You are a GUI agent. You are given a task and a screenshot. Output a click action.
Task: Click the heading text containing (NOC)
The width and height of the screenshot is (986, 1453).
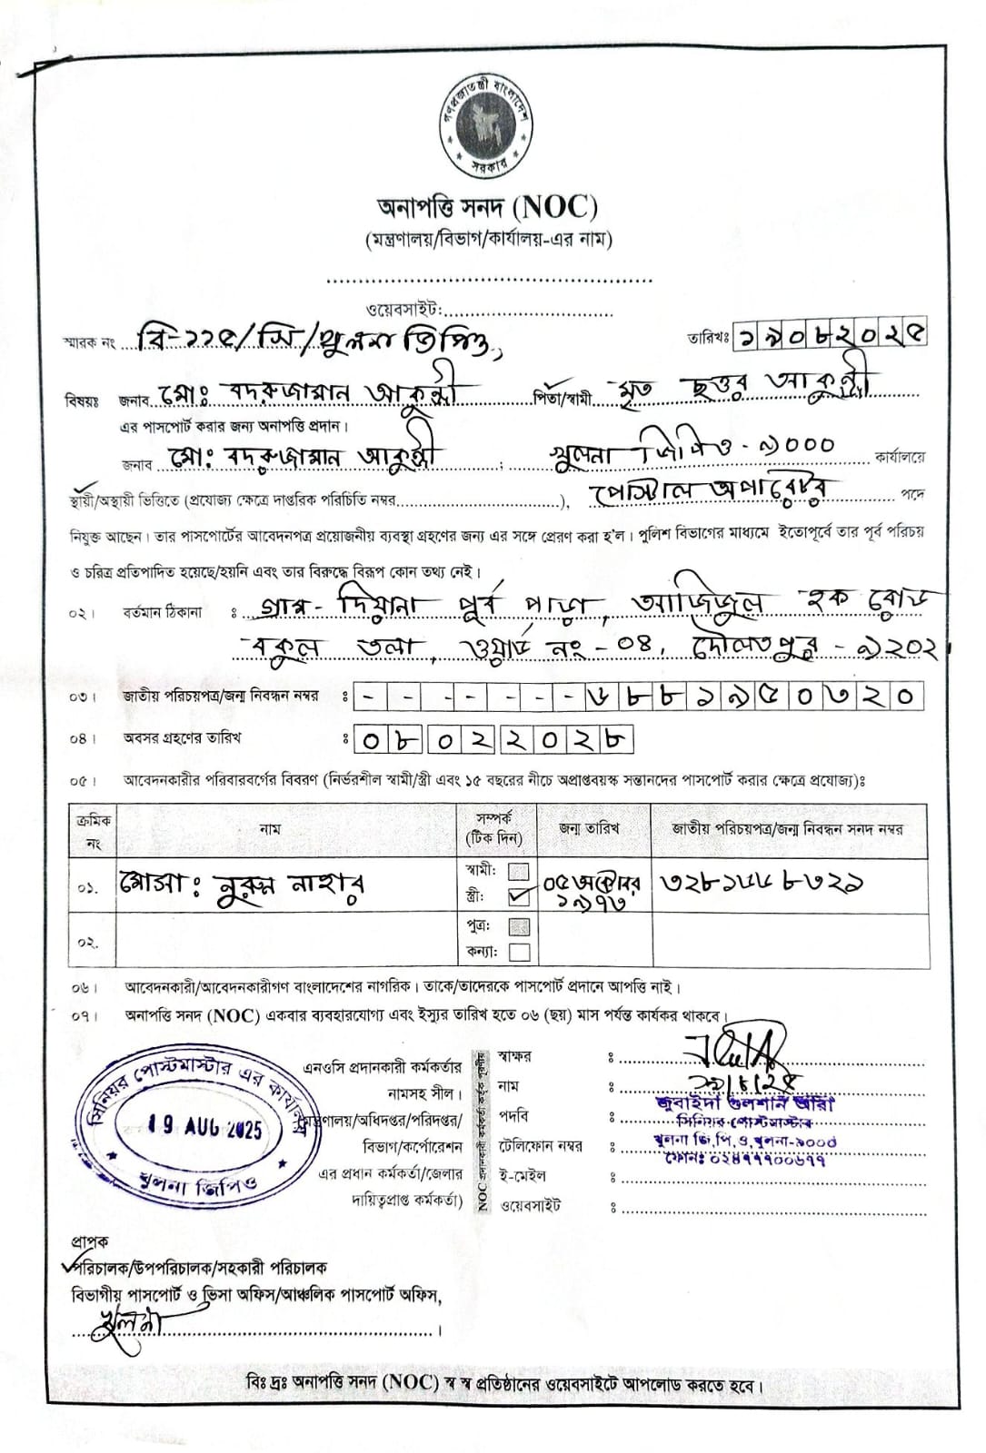(x=487, y=208)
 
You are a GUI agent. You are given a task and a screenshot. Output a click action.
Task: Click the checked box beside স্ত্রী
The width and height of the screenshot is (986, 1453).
(x=519, y=897)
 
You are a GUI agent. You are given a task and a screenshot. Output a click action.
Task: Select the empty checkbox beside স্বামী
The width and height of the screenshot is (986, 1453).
(x=519, y=871)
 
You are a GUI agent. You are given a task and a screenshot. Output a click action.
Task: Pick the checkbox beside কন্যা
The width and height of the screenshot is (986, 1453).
(x=519, y=953)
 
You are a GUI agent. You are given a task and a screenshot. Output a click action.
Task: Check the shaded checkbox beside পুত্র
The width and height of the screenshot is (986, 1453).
(x=519, y=927)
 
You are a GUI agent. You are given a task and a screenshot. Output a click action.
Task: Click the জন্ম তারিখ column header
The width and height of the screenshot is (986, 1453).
(x=591, y=828)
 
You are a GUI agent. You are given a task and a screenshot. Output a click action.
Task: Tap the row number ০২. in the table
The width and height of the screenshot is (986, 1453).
(x=86, y=943)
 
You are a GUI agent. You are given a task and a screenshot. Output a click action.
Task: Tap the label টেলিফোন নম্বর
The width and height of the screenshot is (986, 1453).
(x=540, y=1146)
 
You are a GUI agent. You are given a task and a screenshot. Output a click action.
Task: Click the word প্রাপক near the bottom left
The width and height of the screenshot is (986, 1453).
(x=90, y=1240)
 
